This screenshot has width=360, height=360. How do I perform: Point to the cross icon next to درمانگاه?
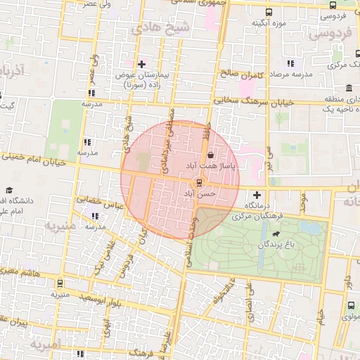[257, 195]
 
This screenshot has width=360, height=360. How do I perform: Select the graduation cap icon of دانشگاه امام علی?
[9, 191]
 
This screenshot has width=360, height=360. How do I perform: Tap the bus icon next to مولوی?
[351, 305]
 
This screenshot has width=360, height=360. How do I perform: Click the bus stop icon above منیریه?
[60, 283]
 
